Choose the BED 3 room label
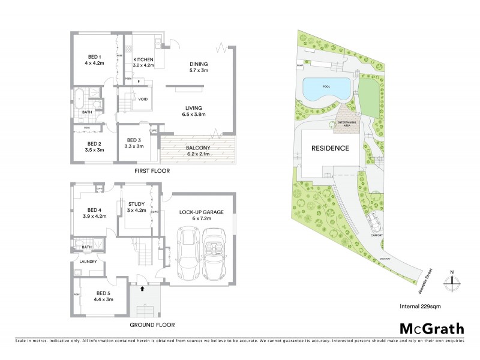pos(134,143)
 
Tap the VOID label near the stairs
pos(143,99)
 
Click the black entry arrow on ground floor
pos(142,289)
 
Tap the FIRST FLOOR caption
pos(152,171)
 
